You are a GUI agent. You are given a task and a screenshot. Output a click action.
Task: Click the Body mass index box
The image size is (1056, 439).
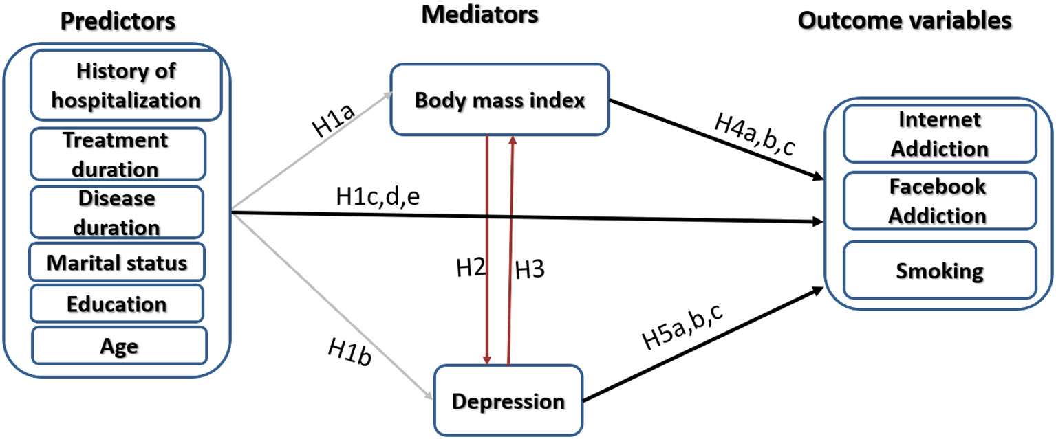pos(499,100)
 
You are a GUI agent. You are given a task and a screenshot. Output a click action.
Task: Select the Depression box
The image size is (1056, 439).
pos(508,401)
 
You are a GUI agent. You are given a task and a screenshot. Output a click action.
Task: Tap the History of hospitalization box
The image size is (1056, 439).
pos(126,85)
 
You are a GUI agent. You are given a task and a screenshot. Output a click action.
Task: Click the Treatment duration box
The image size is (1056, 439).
pos(116,154)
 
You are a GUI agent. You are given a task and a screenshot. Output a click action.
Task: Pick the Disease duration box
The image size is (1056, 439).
pos(116,212)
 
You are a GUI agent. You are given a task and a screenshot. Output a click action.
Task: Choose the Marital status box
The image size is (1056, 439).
pos(116,262)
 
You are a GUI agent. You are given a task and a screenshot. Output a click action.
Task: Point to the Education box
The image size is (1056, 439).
pos(116,304)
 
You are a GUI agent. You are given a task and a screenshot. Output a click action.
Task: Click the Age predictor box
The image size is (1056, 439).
pos(118,346)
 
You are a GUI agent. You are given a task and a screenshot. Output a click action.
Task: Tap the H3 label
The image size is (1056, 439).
pos(530,270)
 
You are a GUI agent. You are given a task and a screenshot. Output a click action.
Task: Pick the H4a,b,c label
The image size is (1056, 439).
pos(754,136)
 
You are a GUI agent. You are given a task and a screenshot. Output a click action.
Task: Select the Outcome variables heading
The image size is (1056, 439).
pos(905,21)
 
